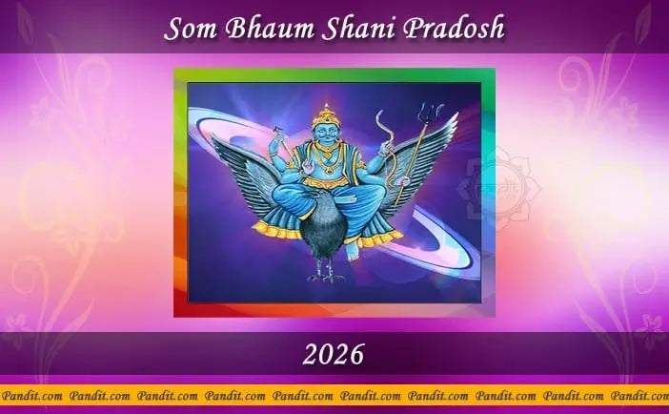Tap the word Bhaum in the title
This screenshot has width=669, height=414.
click(x=254, y=30)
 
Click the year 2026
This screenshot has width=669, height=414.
click(x=334, y=355)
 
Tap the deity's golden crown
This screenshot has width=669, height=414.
click(x=330, y=114)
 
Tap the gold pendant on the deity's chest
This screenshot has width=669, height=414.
click(x=330, y=167)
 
